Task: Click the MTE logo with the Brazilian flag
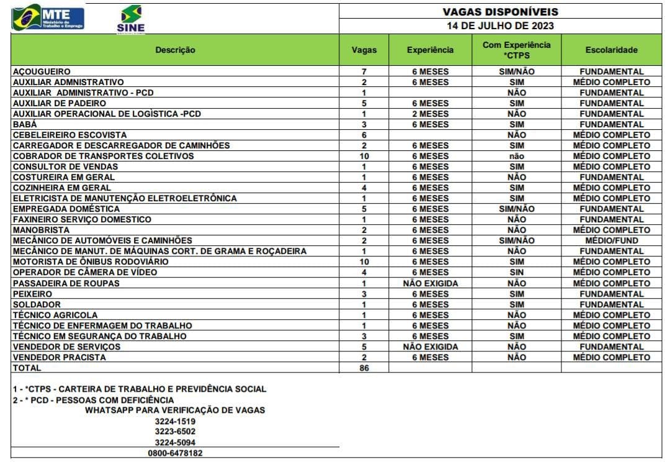(x=48, y=17)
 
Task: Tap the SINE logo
(x=130, y=19)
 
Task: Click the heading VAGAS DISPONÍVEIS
(x=500, y=12)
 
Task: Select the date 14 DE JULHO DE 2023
(x=500, y=26)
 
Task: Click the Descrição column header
(x=175, y=50)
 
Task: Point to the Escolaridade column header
(x=611, y=50)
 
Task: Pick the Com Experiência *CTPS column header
(x=516, y=50)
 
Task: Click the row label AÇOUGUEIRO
(x=42, y=71)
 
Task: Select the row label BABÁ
(x=25, y=124)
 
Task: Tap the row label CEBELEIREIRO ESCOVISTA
(x=69, y=135)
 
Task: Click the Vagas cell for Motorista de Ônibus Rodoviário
(x=364, y=262)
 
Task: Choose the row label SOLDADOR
(x=37, y=304)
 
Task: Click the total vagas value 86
(x=364, y=368)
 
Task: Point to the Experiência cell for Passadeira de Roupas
(x=430, y=283)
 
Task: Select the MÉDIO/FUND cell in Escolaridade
(x=611, y=240)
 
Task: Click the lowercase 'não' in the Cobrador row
(x=516, y=156)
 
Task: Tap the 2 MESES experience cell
(x=430, y=114)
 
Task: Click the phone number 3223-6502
(x=175, y=431)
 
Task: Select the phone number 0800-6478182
(x=175, y=453)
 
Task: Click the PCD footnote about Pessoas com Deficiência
(x=93, y=400)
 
